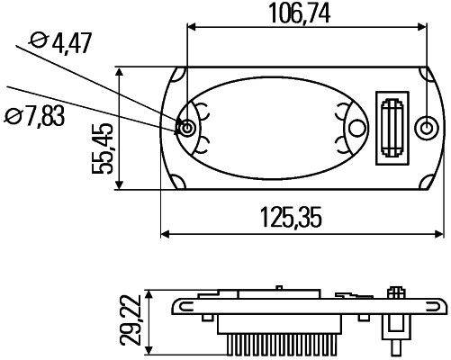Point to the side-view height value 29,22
tap(133, 320)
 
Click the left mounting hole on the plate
tap(187, 128)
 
